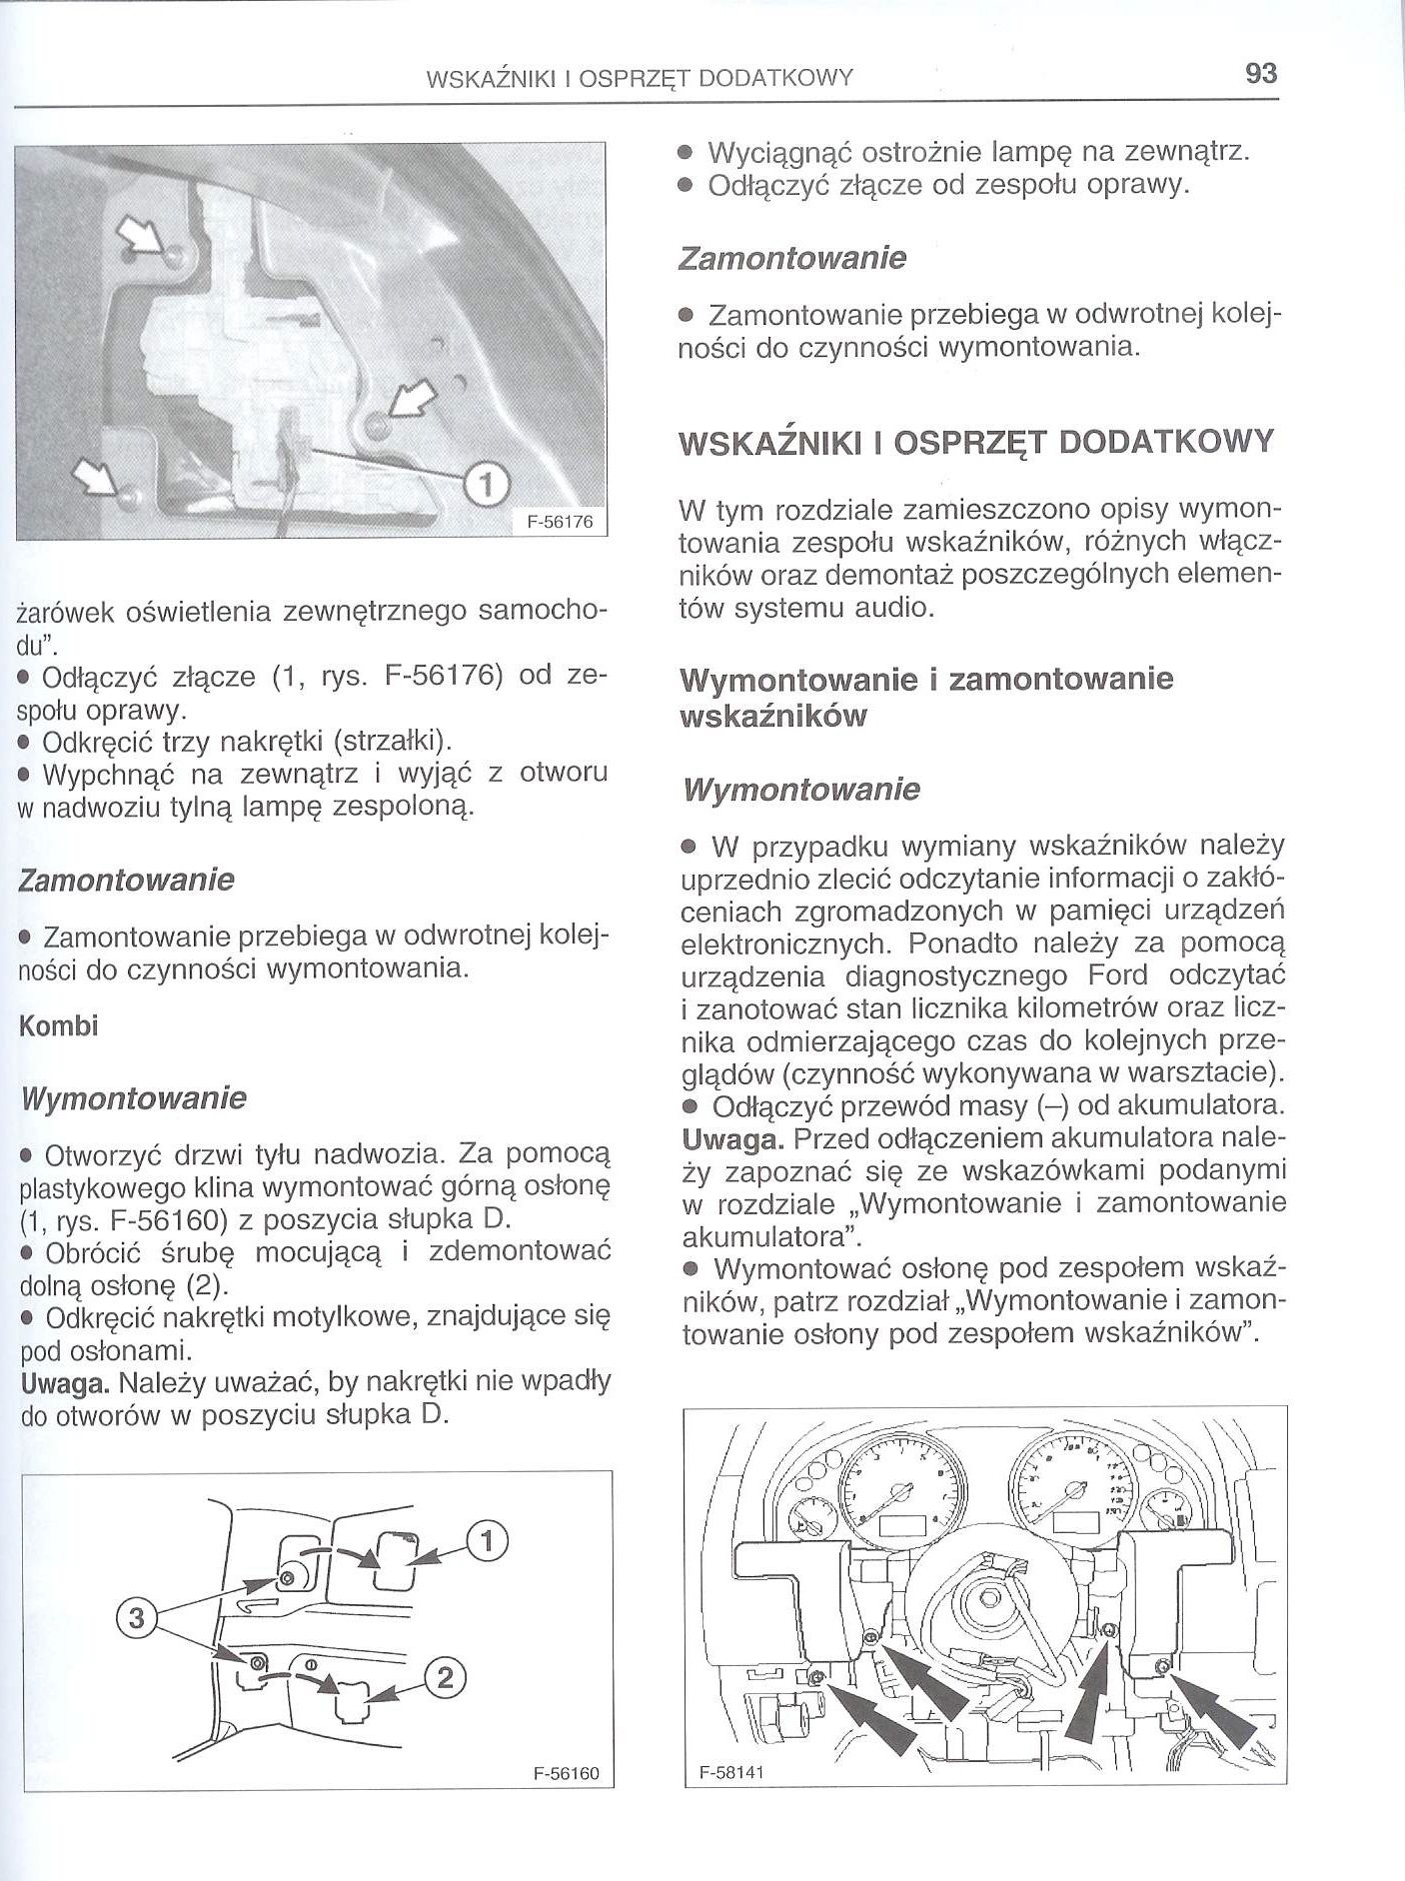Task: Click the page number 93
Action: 1261,74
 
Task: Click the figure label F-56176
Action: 567,522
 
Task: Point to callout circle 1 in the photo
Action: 486,484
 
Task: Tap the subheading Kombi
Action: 59,1026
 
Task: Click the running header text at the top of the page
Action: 639,78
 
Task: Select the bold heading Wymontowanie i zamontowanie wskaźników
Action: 926,698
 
